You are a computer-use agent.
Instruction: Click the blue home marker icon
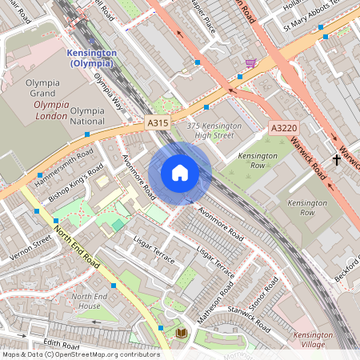[x=180, y=173]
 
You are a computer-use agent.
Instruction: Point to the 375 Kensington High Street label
[x=214, y=130]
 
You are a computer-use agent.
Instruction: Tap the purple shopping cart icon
[x=250, y=63]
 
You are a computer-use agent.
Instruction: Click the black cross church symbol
[x=337, y=160]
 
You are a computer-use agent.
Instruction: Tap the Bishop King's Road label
[x=76, y=184]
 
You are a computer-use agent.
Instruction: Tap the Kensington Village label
[x=313, y=340]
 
